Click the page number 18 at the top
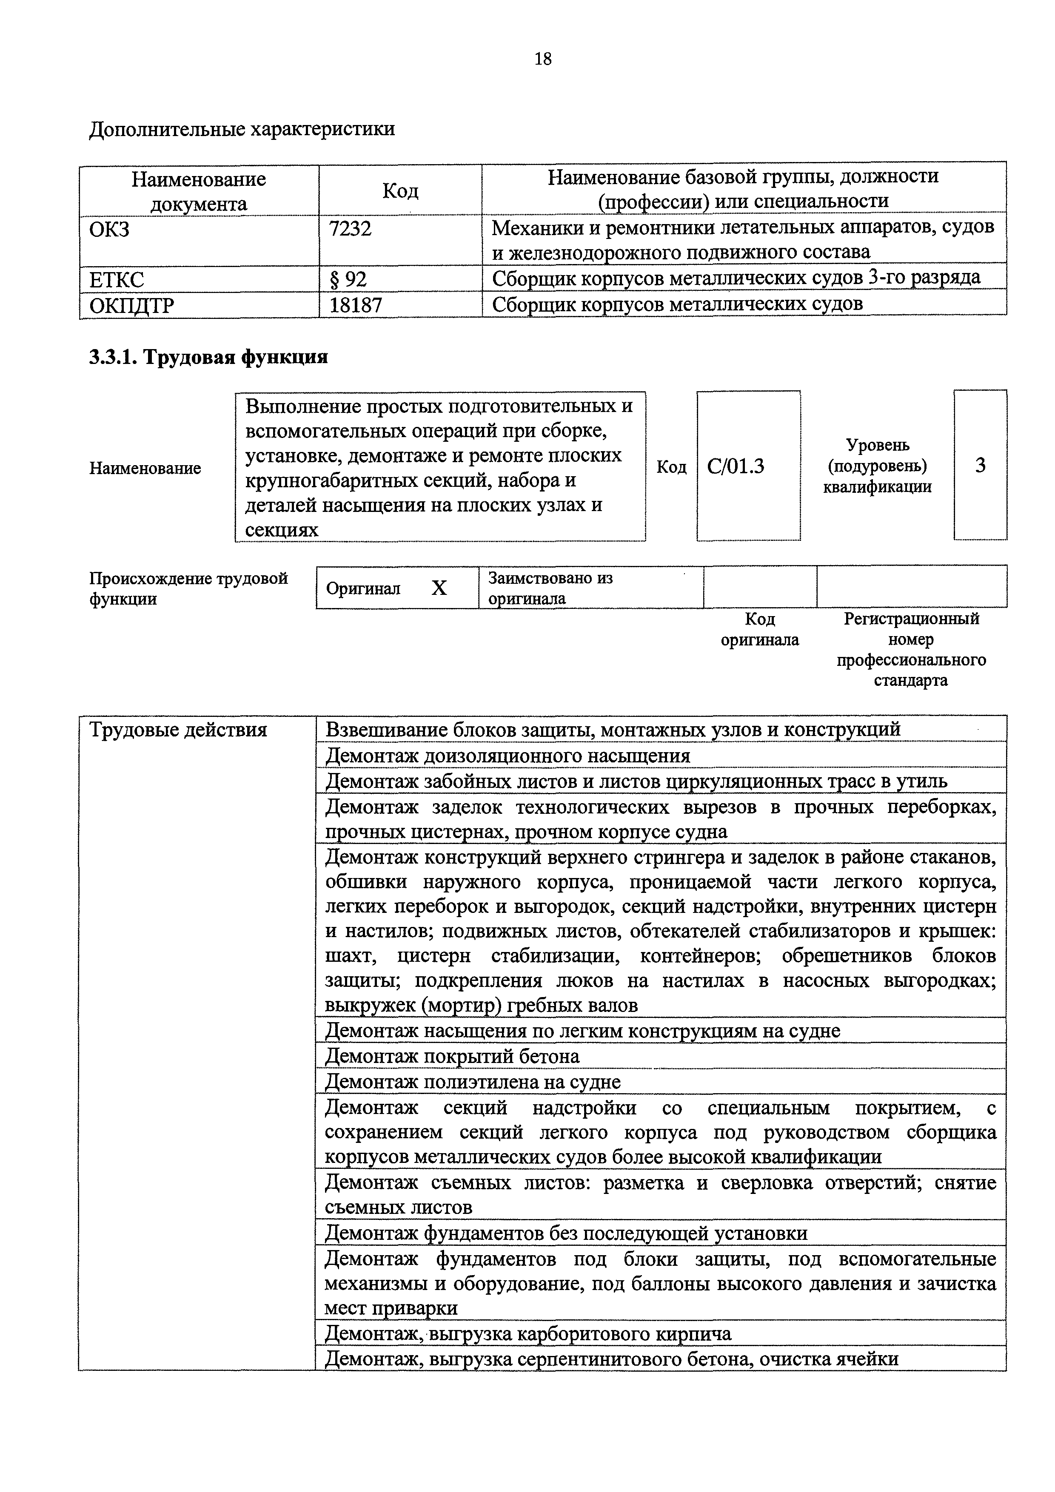(x=543, y=59)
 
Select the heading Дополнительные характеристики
(x=242, y=129)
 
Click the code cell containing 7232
(x=351, y=229)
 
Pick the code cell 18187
(x=356, y=305)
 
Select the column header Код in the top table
(x=400, y=190)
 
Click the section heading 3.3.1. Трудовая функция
(x=208, y=357)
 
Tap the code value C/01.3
(x=736, y=466)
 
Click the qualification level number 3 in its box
(x=980, y=465)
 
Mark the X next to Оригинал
(x=439, y=588)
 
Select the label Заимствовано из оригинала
(x=550, y=588)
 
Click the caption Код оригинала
(x=759, y=629)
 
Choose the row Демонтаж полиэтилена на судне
(x=473, y=1082)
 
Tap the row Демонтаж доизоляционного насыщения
(x=507, y=756)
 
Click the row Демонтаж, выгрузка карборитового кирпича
(x=528, y=1334)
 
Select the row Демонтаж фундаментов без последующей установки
(x=565, y=1233)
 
